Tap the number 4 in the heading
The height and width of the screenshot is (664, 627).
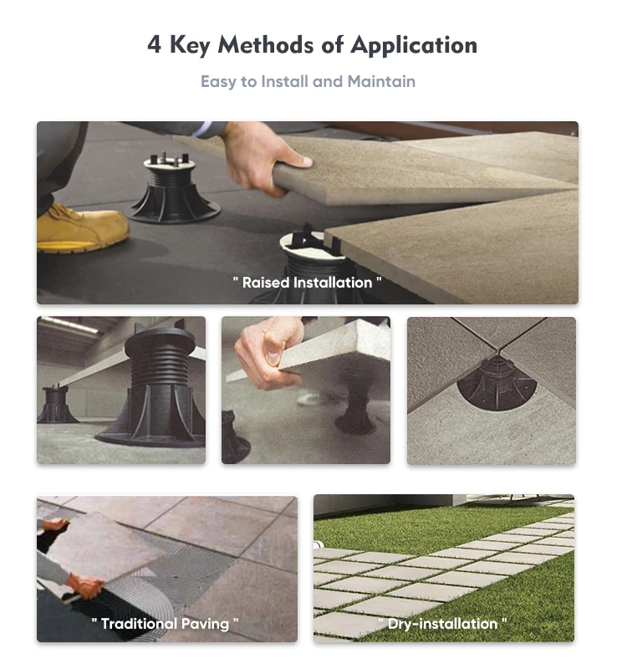(154, 45)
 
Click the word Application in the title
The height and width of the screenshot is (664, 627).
(413, 46)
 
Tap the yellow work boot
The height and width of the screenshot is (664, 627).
(80, 229)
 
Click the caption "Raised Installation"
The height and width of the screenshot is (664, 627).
(307, 283)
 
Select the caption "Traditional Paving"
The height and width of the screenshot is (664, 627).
(166, 623)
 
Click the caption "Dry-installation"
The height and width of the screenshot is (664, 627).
(442, 623)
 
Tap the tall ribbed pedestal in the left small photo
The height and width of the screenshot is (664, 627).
(159, 385)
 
